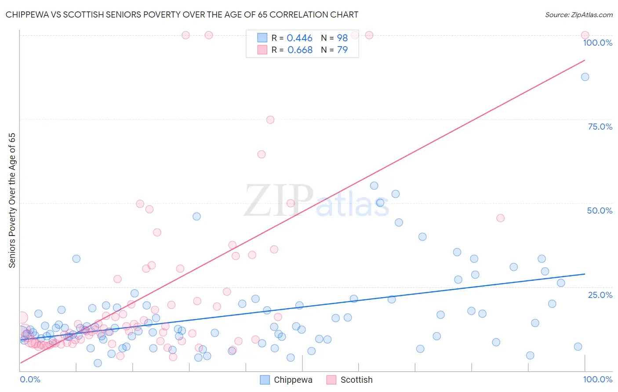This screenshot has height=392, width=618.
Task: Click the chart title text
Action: click(182, 15)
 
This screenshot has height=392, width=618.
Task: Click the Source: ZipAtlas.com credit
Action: click(578, 15)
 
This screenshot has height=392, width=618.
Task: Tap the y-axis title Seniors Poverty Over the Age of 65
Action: click(12, 200)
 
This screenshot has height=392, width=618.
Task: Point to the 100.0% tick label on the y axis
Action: click(597, 43)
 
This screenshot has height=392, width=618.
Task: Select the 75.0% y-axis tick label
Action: click(600, 127)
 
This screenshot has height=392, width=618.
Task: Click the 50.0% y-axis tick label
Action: click(600, 211)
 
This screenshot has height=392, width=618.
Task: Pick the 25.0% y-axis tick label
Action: click(600, 294)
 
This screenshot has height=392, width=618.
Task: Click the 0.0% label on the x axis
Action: click(30, 379)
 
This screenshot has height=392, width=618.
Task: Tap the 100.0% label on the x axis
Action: click(597, 379)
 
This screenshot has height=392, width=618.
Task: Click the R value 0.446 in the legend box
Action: click(299, 38)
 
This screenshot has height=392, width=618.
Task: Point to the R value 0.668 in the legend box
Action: click(300, 50)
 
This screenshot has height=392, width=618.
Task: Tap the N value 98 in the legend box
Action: click(342, 38)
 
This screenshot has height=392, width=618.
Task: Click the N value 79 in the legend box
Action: click(342, 50)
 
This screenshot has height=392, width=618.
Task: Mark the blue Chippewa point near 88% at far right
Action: click(585, 77)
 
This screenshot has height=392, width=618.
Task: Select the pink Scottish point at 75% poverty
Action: click(270, 120)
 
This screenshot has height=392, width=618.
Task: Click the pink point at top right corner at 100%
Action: click(585, 35)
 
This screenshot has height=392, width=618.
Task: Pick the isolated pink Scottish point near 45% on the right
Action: click(500, 218)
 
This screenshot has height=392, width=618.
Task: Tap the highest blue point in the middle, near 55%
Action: click(374, 185)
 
